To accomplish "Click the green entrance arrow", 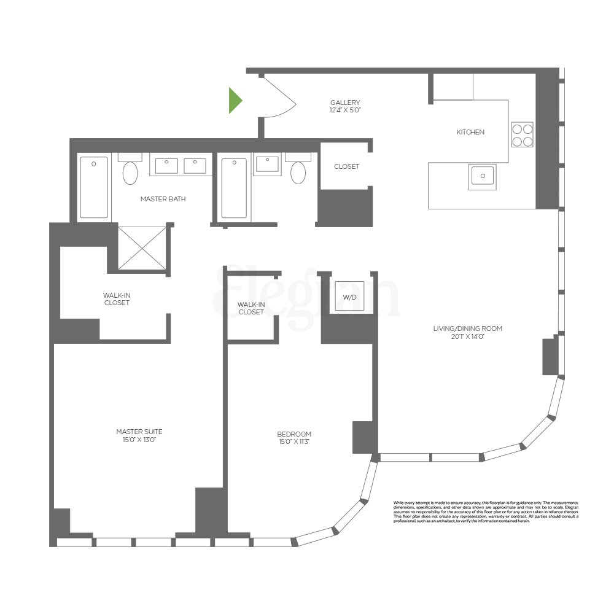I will (235, 101).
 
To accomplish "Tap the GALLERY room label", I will (345, 106).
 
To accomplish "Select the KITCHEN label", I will (470, 132).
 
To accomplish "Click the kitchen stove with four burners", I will (522, 135).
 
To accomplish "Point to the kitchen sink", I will (483, 177).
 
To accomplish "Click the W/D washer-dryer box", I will (349, 297).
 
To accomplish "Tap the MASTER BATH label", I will (163, 199).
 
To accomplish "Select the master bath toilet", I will (130, 172).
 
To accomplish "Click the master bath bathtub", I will (94, 187).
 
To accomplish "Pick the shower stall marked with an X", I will (142, 248).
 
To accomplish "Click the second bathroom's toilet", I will (298, 172).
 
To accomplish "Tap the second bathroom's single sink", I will (268, 165).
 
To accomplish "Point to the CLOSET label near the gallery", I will (346, 166).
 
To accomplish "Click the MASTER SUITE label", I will (139, 435).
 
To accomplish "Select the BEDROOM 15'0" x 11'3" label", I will (294, 438).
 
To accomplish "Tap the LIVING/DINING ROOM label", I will (467, 332).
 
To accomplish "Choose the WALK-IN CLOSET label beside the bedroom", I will (251, 308).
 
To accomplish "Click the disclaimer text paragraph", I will (486, 511).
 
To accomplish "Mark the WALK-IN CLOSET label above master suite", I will (117, 299).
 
